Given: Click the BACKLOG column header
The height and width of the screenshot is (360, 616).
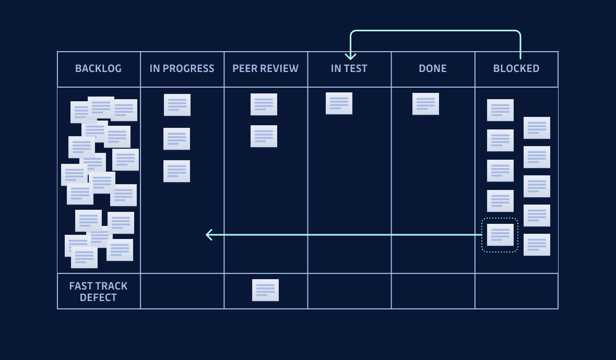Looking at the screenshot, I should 98,68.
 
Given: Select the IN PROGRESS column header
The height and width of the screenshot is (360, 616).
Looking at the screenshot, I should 182,68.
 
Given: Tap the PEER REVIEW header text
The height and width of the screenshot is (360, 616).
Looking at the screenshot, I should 265,68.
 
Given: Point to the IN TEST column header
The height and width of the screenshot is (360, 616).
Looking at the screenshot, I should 349,68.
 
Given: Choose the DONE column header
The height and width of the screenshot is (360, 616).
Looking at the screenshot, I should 432,68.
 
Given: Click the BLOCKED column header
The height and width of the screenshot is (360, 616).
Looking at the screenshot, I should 516,68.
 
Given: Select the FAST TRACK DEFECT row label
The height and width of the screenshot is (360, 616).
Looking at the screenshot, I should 98,292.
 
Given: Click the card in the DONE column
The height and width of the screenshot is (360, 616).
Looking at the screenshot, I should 425,104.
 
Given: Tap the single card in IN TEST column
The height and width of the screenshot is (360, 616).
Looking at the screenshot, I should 339,103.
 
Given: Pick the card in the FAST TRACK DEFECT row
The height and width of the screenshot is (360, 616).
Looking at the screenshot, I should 265,290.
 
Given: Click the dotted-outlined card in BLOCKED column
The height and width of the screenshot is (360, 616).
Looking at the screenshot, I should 500,235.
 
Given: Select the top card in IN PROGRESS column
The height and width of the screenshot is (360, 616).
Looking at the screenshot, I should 177,105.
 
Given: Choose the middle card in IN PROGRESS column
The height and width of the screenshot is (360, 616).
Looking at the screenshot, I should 176,139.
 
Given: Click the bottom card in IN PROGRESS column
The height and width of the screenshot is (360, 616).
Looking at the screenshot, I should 176,171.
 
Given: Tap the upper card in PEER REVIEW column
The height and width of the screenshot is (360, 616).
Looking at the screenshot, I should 264,104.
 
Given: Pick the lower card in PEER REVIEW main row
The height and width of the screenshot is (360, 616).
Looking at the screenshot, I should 264,136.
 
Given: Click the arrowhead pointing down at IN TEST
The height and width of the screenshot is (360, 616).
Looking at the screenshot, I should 350,56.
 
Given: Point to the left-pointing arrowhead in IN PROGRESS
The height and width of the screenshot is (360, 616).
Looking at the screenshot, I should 209,235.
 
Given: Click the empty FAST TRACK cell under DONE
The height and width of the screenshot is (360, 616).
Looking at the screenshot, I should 433,291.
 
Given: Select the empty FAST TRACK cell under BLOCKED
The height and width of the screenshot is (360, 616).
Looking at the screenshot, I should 516,291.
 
